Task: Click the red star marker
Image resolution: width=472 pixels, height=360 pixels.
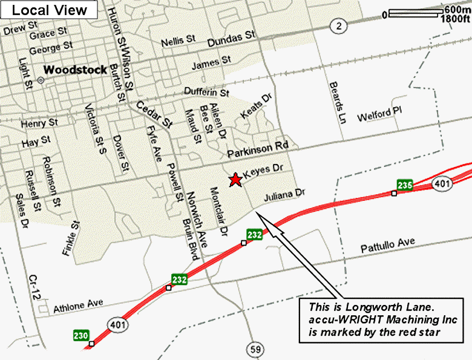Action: (234, 180)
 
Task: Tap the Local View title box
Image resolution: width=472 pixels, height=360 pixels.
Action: (49, 10)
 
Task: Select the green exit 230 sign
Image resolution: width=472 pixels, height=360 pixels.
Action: (81, 335)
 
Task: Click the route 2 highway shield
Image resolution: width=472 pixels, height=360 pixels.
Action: (339, 25)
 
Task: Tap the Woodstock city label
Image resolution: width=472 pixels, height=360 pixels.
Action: (76, 69)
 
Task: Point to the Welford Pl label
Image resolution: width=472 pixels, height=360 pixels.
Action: (379, 115)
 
